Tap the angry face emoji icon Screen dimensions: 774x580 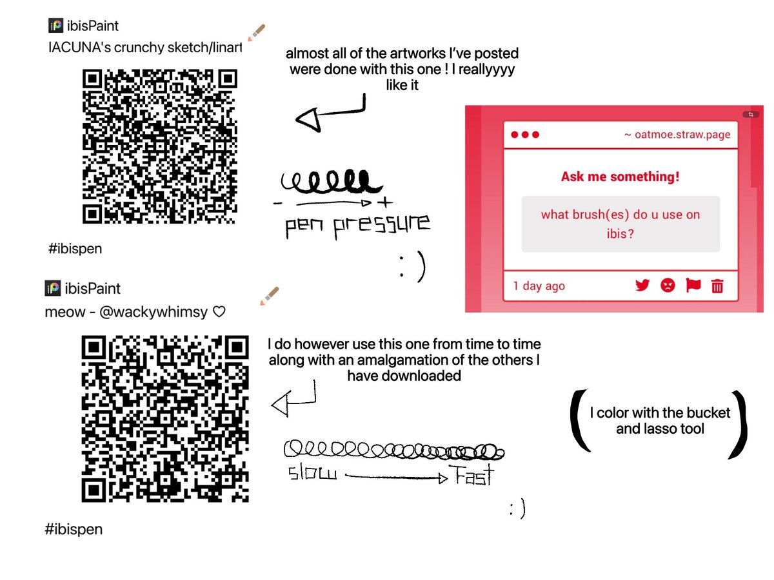667,285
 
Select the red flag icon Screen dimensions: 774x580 693,285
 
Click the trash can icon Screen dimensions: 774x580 717,286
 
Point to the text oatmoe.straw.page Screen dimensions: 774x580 682,135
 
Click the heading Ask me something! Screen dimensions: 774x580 620,177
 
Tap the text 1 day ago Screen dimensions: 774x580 539,285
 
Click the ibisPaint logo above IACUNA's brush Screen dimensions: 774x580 55,26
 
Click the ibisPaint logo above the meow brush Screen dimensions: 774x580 52,288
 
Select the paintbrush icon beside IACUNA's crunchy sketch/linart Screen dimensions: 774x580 256,33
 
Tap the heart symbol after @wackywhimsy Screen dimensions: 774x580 219,312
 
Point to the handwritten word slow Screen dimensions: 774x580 312,472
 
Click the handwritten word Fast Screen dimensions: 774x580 471,475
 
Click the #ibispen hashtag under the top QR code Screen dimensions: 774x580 75,249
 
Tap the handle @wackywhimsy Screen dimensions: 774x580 154,312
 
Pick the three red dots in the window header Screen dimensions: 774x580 524,135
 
